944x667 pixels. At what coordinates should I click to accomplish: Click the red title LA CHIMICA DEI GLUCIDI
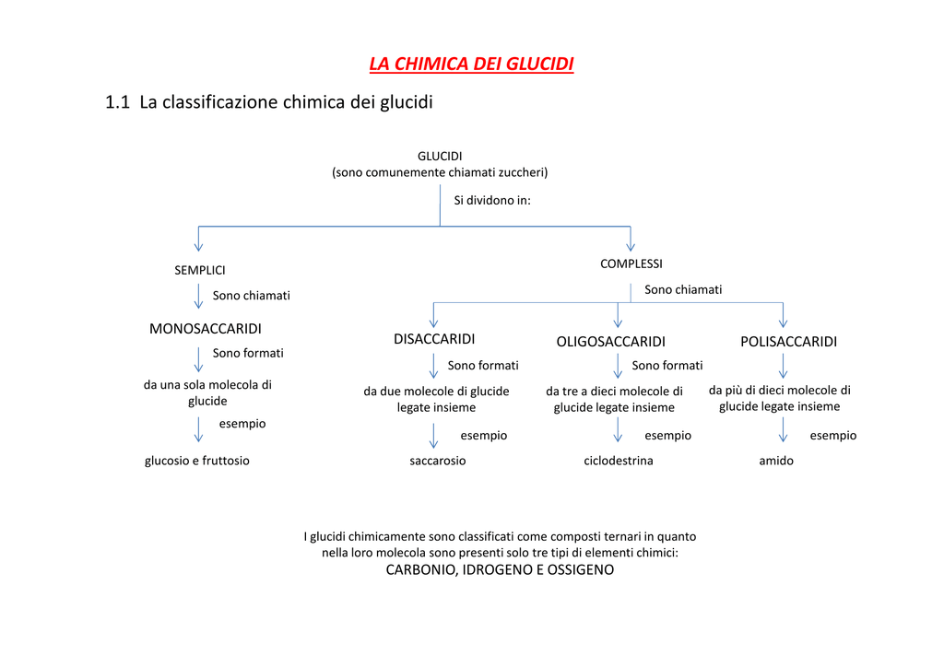pyautogui.click(x=471, y=64)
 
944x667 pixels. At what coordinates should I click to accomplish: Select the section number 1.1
pyautogui.click(x=117, y=102)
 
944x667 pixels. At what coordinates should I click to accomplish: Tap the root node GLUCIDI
pyautogui.click(x=440, y=157)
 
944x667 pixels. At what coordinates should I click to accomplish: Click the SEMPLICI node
pyautogui.click(x=200, y=271)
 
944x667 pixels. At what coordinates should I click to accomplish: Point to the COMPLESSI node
pyautogui.click(x=631, y=264)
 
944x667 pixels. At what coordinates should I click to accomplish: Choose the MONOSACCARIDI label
pyautogui.click(x=206, y=329)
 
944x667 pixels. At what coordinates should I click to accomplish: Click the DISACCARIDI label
pyautogui.click(x=434, y=339)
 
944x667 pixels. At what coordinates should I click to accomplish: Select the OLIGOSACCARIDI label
pyautogui.click(x=610, y=342)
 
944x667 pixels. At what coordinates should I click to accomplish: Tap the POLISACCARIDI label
pyautogui.click(x=789, y=342)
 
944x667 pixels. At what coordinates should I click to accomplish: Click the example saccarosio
pyautogui.click(x=438, y=461)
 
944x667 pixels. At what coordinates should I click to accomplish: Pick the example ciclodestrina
pyautogui.click(x=619, y=461)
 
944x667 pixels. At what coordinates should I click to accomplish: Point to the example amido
pyautogui.click(x=776, y=461)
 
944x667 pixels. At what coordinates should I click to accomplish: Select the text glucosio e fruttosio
pyautogui.click(x=197, y=461)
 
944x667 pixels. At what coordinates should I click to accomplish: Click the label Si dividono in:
pyautogui.click(x=492, y=200)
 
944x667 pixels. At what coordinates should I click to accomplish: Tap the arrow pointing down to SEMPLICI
pyautogui.click(x=199, y=239)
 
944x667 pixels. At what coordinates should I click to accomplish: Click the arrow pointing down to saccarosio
pyautogui.click(x=433, y=436)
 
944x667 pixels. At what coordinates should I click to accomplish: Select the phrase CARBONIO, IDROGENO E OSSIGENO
pyautogui.click(x=500, y=570)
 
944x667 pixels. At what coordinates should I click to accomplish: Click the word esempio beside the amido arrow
pyautogui.click(x=832, y=436)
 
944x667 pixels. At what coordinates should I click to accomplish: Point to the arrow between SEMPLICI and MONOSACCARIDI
pyautogui.click(x=199, y=297)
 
